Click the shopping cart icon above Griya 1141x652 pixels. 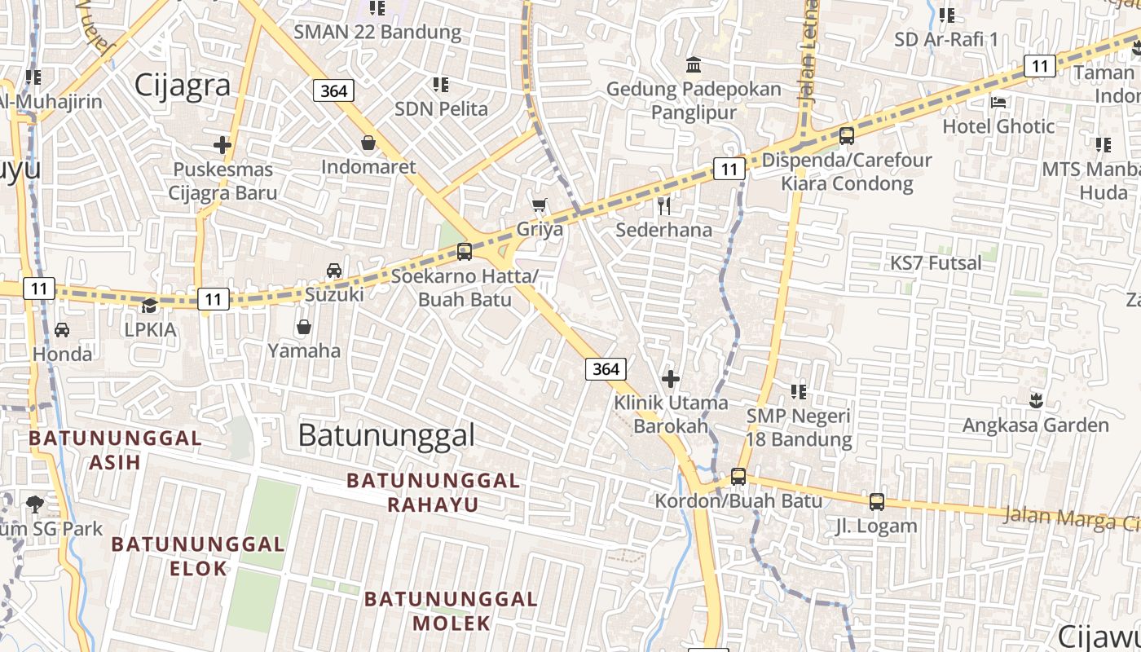[539, 205]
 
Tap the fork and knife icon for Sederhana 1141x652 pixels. [664, 205]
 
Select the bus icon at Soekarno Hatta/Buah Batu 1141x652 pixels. [464, 251]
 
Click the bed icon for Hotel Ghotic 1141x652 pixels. [998, 102]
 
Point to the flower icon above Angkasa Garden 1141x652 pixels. [1036, 400]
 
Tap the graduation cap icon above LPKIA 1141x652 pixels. [149, 306]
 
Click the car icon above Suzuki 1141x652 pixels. [333, 270]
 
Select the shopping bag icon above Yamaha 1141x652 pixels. [303, 327]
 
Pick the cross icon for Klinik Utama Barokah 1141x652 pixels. [670, 378]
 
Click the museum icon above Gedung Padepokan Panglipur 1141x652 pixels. [694, 64]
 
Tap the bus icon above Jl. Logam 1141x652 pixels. [876, 501]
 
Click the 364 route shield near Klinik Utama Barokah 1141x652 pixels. [606, 369]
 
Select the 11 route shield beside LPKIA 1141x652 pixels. [213, 299]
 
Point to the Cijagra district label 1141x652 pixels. [183, 85]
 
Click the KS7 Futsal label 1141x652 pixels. [936, 263]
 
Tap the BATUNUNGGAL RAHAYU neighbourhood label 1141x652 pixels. [433, 492]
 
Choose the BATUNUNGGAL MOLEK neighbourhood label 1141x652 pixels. [451, 611]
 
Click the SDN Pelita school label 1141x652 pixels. [441, 108]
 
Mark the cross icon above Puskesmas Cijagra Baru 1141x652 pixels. [222, 145]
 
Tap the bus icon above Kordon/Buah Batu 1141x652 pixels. [738, 477]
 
